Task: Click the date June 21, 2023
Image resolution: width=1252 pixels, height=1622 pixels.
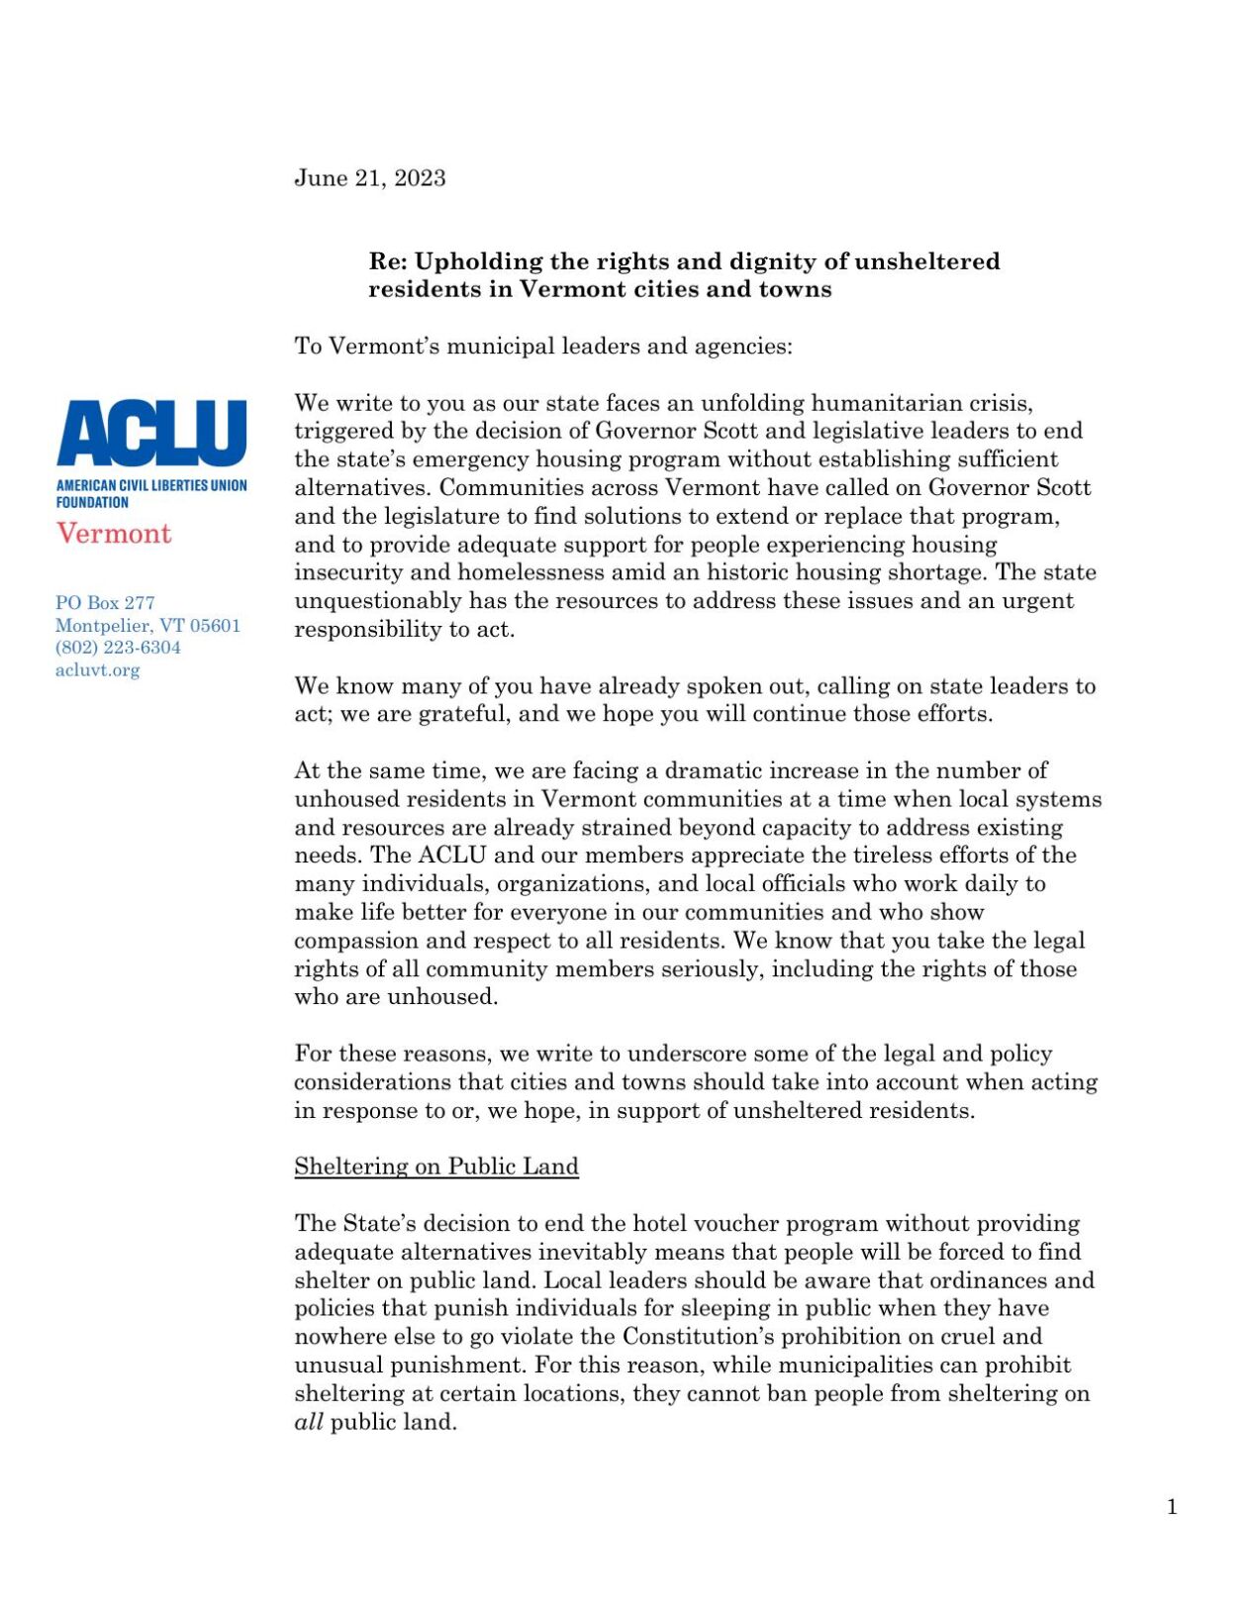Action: click(369, 178)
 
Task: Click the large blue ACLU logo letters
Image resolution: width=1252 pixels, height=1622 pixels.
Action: click(151, 433)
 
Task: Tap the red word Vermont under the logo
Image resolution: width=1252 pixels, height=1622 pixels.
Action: click(114, 534)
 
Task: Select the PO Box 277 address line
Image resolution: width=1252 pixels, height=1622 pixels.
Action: click(105, 603)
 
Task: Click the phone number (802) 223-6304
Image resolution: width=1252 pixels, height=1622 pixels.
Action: click(118, 648)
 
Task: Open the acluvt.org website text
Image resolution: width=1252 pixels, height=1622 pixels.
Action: click(97, 670)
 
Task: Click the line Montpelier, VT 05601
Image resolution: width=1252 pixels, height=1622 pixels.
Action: click(147, 626)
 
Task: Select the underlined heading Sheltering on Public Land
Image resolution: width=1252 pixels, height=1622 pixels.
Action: click(435, 1166)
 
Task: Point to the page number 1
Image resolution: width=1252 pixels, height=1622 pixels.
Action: click(1172, 1507)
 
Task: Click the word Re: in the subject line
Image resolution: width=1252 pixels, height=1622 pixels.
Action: click(387, 261)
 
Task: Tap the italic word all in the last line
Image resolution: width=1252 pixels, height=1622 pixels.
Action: click(308, 1423)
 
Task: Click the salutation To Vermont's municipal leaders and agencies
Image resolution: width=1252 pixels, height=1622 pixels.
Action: click(542, 347)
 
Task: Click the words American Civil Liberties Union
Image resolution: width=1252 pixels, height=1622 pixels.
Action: click(151, 486)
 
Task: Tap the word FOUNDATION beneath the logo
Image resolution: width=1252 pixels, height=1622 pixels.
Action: click(92, 502)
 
